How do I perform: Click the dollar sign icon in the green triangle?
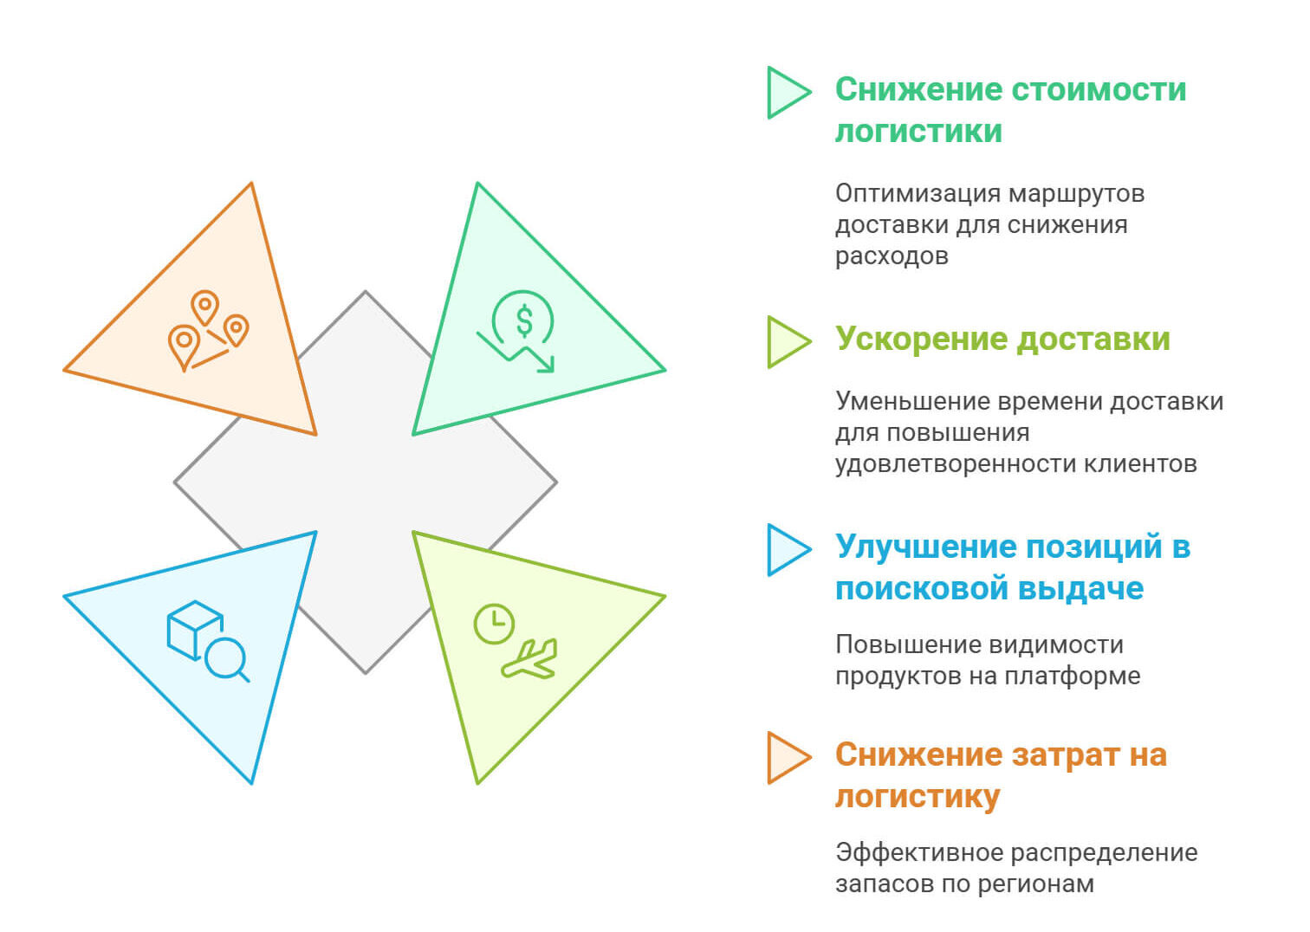tap(524, 321)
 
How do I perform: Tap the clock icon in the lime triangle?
tap(494, 624)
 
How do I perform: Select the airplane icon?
tap(529, 659)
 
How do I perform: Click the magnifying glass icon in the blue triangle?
tap(227, 660)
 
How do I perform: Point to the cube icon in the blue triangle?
tap(195, 631)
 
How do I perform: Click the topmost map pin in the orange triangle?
tap(205, 307)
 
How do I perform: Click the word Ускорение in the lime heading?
tap(922, 340)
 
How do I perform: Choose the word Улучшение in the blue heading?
tap(927, 547)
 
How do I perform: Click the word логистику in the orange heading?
tap(918, 796)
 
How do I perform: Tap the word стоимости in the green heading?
tap(1099, 89)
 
